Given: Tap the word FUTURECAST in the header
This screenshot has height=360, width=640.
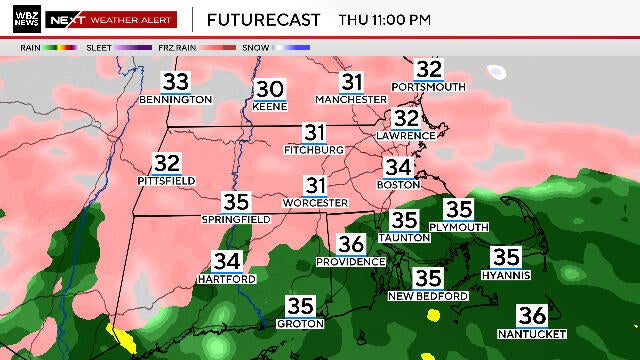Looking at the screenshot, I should coord(264,19).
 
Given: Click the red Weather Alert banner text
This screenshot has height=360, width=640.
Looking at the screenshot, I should coord(131,19).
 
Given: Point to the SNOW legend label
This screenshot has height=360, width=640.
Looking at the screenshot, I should coord(256,46).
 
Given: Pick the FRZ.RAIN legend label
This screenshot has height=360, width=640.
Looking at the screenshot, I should coord(175,46).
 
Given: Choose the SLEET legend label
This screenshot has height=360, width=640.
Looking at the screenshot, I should coord(98,46).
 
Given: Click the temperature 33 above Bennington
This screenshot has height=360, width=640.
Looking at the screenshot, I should coord(176,82).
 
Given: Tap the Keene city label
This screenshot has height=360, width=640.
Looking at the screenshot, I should coord(270,106).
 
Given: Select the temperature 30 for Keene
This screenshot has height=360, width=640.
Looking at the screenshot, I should coord(270,89).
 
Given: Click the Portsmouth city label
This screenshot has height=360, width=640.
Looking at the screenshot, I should coord(429,87).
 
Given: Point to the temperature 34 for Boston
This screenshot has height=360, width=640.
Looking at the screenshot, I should coord(398,168).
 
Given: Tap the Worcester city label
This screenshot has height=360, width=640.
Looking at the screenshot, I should coord(316,203).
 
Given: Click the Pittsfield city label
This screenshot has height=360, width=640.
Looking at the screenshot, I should coord(166,180).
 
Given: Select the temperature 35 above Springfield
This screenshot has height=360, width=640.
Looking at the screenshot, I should coord(236,202).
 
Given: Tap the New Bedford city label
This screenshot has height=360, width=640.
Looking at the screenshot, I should coord(428,296).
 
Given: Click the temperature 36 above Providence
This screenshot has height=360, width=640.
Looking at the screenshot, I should coord(351,244).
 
